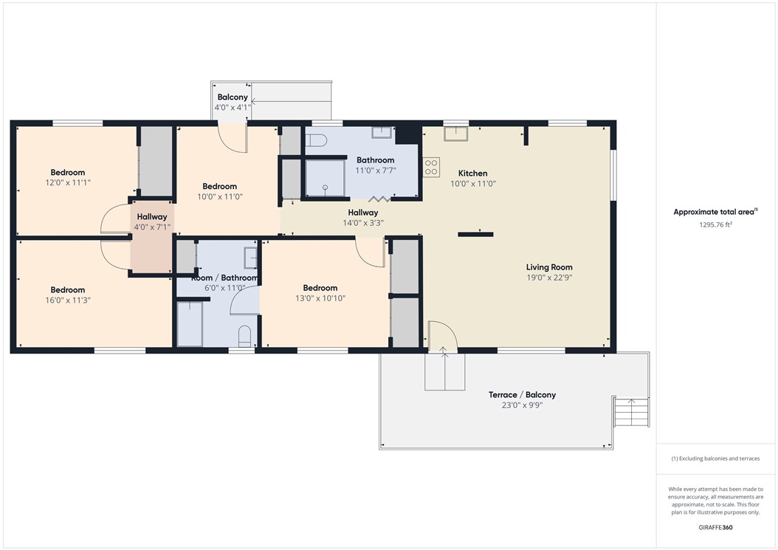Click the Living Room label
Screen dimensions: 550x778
click(549, 267)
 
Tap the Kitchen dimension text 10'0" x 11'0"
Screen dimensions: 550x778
click(473, 184)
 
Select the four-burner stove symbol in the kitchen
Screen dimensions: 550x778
click(431, 168)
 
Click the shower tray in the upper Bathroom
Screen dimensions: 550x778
click(325, 179)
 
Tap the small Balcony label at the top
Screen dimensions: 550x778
click(233, 97)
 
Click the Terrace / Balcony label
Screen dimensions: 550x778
click(522, 395)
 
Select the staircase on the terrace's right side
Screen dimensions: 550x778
click(631, 411)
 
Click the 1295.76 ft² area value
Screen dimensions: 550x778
click(715, 224)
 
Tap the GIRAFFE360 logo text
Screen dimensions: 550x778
click(715, 528)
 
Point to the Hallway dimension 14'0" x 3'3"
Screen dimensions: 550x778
click(362, 222)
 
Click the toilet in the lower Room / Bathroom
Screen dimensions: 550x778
click(245, 337)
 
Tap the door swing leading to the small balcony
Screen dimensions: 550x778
click(233, 138)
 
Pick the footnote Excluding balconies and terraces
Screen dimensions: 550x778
click(715, 458)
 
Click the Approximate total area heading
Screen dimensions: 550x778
click(715, 212)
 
